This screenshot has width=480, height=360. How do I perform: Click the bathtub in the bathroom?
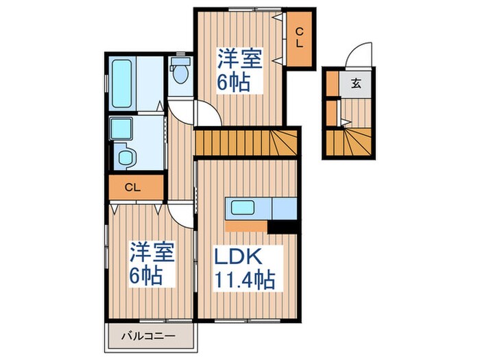[x=121, y=84]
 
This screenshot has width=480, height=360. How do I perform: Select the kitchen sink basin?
[x=243, y=208]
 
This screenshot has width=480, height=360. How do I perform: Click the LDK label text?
[x=238, y=256]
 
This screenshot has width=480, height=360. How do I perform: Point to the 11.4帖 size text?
[x=245, y=279]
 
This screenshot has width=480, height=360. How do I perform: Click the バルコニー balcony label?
[x=149, y=336]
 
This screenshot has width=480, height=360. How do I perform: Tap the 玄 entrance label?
[x=356, y=83]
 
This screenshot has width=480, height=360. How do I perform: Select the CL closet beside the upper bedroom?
[x=299, y=38]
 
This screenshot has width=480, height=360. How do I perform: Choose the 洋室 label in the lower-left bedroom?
[x=152, y=252]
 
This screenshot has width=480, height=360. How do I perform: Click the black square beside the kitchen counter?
[x=283, y=227]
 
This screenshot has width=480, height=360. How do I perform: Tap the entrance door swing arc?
[x=355, y=51]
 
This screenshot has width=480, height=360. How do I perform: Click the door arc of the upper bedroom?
[x=213, y=107]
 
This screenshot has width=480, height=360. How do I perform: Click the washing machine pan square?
[x=121, y=128]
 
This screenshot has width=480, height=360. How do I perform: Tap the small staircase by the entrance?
[x=348, y=143]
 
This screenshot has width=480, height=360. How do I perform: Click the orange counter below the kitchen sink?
[x=246, y=226]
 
